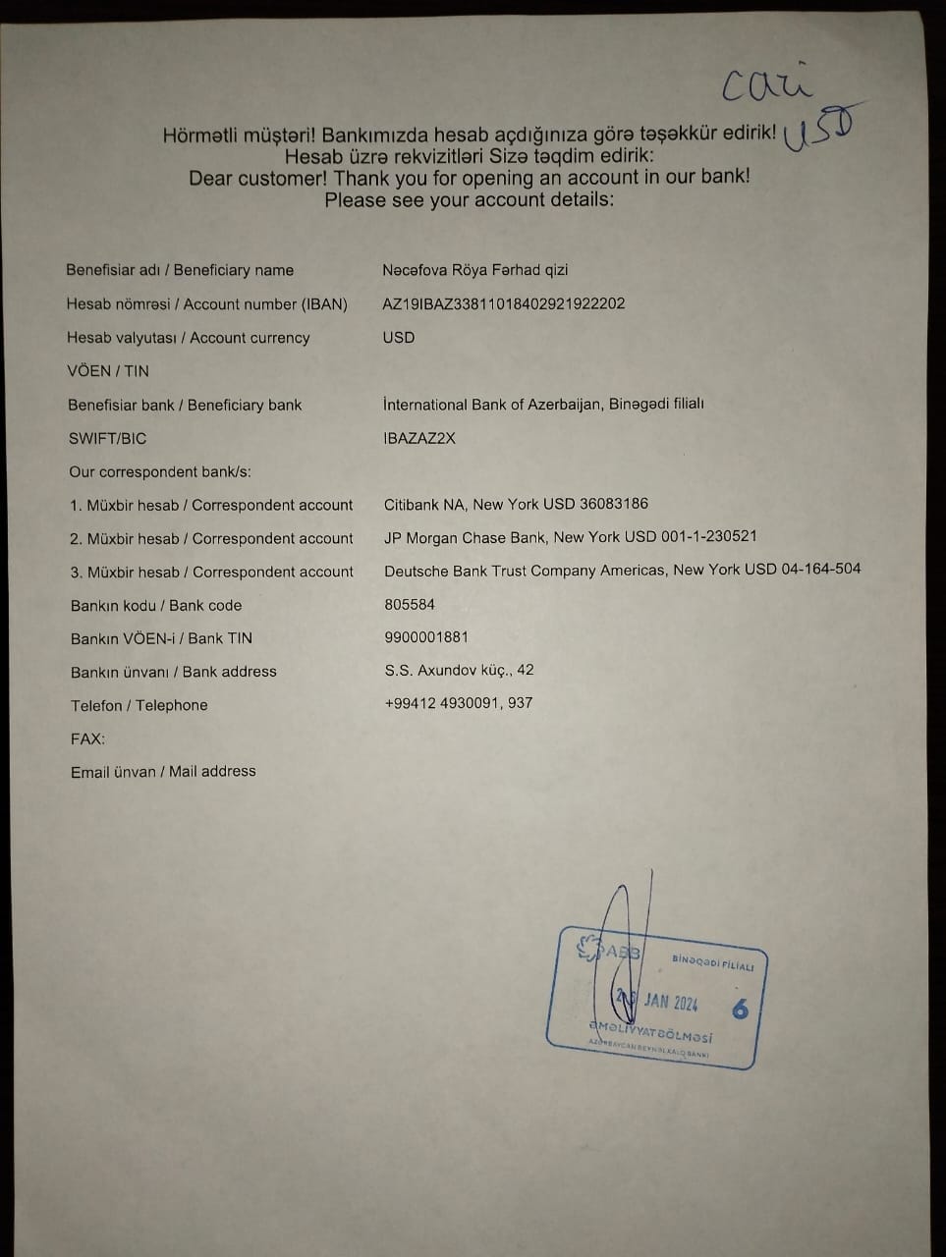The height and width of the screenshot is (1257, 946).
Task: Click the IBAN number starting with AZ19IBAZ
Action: click(x=503, y=303)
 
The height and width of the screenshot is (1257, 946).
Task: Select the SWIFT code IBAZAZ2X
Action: click(x=419, y=438)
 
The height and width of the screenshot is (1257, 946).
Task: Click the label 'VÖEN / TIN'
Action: click(x=108, y=371)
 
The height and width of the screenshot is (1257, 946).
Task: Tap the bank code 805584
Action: click(x=410, y=604)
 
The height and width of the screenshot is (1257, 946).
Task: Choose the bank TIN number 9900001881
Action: click(x=426, y=636)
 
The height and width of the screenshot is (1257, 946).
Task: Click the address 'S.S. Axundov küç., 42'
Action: click(x=459, y=670)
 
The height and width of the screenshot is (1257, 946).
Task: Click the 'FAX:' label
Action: click(x=87, y=738)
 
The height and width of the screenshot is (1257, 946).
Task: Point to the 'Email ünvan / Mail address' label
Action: click(x=163, y=772)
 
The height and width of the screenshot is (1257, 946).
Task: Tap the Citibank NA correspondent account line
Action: click(x=516, y=504)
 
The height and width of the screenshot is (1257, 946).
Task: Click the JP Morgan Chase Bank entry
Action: click(x=570, y=537)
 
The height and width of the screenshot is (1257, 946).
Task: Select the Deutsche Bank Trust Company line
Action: click(x=622, y=570)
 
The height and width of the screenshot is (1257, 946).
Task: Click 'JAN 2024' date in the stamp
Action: click(x=671, y=1003)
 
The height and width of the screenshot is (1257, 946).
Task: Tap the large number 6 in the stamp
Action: click(x=740, y=1009)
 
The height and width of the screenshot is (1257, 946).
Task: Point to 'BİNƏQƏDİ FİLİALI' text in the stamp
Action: click(x=713, y=962)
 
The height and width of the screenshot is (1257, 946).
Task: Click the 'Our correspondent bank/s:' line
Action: click(x=160, y=471)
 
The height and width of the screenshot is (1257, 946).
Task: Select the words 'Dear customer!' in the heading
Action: click(x=258, y=179)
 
